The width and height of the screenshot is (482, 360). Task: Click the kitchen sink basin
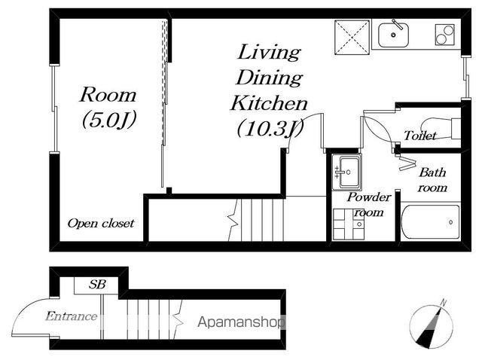pyautogui.click(x=393, y=35)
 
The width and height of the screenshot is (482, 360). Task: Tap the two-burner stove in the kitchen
pyautogui.click(x=444, y=35)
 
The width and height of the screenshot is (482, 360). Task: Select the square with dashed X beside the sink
pyautogui.click(x=352, y=38)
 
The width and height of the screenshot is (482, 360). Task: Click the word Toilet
pyautogui.click(x=420, y=136)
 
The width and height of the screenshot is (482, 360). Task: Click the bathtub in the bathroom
pyautogui.click(x=430, y=221)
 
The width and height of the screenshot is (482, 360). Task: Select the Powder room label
pyautogui.click(x=369, y=204)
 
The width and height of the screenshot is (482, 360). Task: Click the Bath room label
pyautogui.click(x=432, y=180)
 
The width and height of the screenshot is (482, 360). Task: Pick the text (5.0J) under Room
pyautogui.click(x=108, y=120)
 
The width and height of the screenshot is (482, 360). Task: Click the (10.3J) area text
pyautogui.click(x=270, y=128)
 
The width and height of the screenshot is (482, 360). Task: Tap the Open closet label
pyautogui.click(x=101, y=223)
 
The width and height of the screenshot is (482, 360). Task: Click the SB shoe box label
pyautogui.click(x=97, y=285)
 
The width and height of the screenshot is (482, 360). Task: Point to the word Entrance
pyautogui.click(x=72, y=316)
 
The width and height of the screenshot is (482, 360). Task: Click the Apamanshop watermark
pyautogui.click(x=241, y=322)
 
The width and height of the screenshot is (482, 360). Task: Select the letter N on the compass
pyautogui.click(x=443, y=303)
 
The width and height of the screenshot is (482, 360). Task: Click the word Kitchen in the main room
pyautogui.click(x=269, y=103)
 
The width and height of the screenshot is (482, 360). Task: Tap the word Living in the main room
pyautogui.click(x=269, y=52)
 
